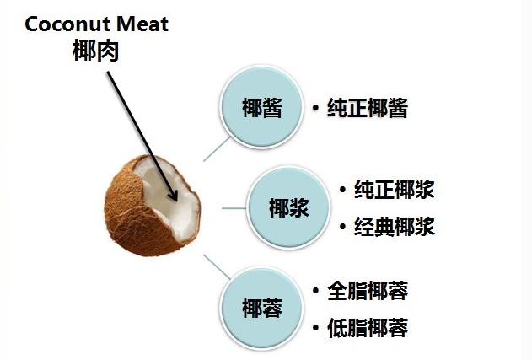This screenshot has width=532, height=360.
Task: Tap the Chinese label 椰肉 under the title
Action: point(96,49)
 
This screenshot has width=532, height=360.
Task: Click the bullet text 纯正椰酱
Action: point(368,109)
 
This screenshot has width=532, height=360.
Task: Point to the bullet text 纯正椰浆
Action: point(395,189)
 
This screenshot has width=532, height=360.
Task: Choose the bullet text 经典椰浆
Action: point(395,226)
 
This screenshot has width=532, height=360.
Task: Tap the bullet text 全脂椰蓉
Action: point(368,291)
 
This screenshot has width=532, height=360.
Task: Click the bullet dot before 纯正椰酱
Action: point(314,109)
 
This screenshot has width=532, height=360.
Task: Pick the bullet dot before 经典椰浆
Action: point(341,226)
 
